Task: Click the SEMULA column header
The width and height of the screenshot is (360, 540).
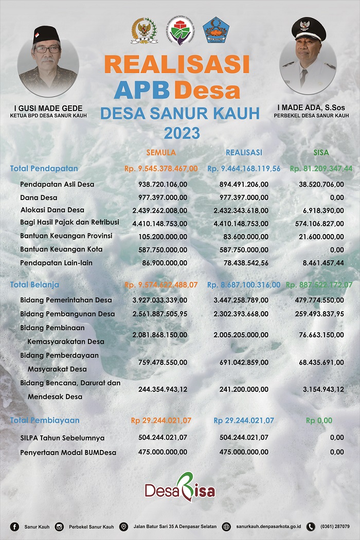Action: tap(161, 153)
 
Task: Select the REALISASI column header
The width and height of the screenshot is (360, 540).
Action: tap(244, 153)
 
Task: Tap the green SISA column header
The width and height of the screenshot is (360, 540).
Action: tap(321, 153)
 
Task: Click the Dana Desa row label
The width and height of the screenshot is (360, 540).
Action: tap(39, 197)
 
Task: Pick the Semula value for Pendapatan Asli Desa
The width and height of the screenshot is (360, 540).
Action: tap(163, 184)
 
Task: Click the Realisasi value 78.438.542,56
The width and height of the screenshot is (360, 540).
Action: tap(241, 262)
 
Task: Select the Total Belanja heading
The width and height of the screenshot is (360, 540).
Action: tap(34, 284)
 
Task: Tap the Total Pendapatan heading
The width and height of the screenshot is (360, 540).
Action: tap(44, 168)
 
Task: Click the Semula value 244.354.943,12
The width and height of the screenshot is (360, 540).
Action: tap(163, 389)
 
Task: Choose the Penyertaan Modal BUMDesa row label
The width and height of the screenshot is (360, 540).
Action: tap(68, 453)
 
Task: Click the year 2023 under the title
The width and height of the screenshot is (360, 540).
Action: tap(182, 134)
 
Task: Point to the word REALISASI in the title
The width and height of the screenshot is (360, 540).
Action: tap(177, 64)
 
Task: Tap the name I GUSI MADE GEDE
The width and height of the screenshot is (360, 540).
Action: tap(48, 108)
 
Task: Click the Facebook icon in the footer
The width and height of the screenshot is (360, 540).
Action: tap(14, 527)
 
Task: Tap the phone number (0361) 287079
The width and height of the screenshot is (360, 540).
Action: tap(335, 527)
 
